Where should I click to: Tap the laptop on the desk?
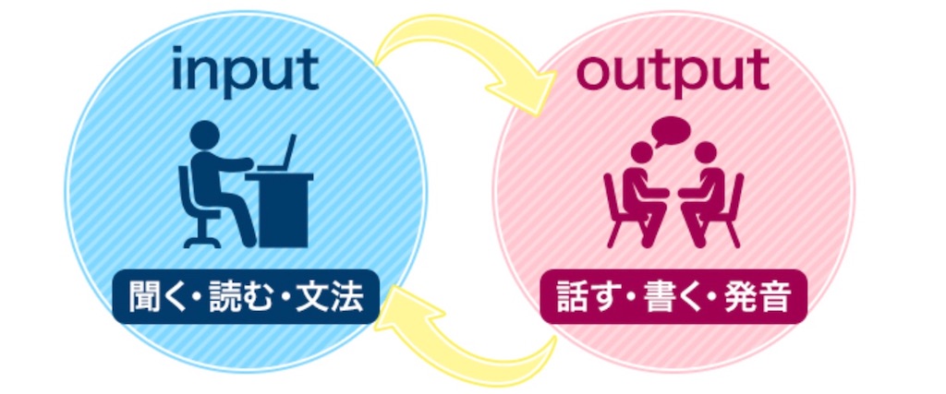[279, 154]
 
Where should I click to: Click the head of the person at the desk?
[204, 135]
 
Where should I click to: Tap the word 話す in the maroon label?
[580, 297]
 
